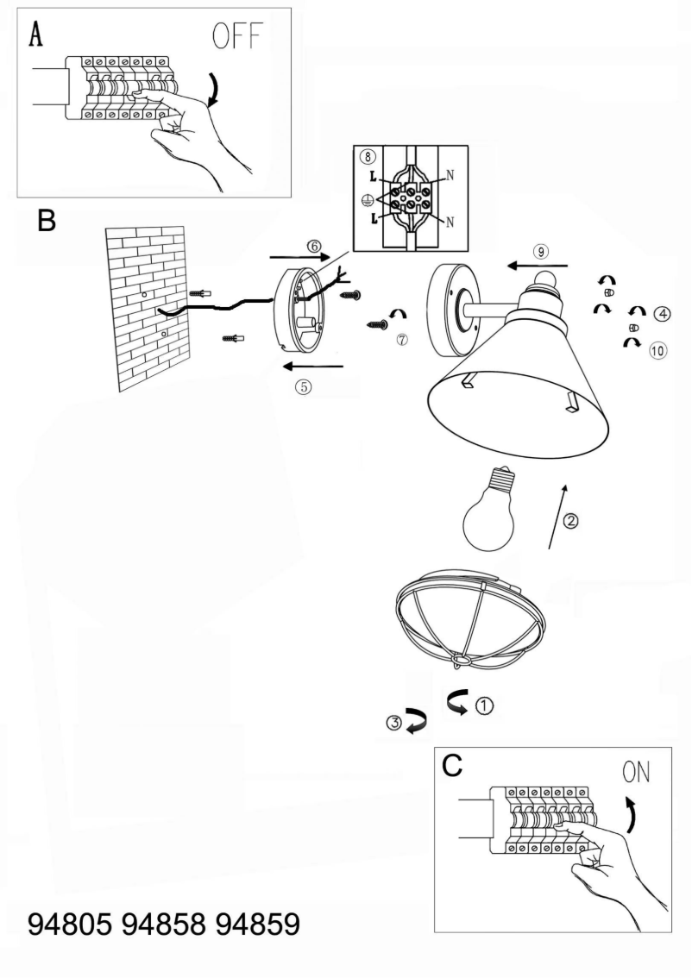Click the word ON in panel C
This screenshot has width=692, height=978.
[637, 771]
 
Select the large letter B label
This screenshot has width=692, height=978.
[47, 222]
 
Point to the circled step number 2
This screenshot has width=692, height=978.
[570, 520]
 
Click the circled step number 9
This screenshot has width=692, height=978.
[540, 251]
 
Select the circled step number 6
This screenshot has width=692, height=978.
[314, 246]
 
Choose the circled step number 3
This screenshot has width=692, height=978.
[394, 724]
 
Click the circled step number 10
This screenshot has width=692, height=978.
[658, 350]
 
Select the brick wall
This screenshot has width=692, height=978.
[148, 306]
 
